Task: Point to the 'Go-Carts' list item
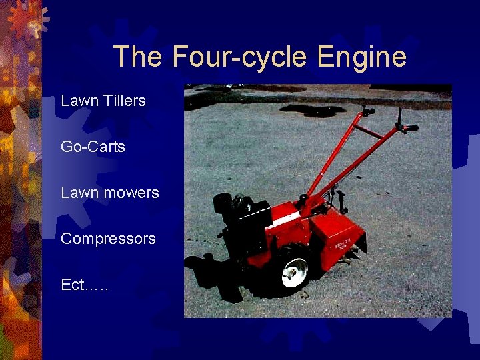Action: click(x=93, y=147)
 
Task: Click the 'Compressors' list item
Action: click(x=108, y=239)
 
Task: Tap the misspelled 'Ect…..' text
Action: click(x=85, y=285)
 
